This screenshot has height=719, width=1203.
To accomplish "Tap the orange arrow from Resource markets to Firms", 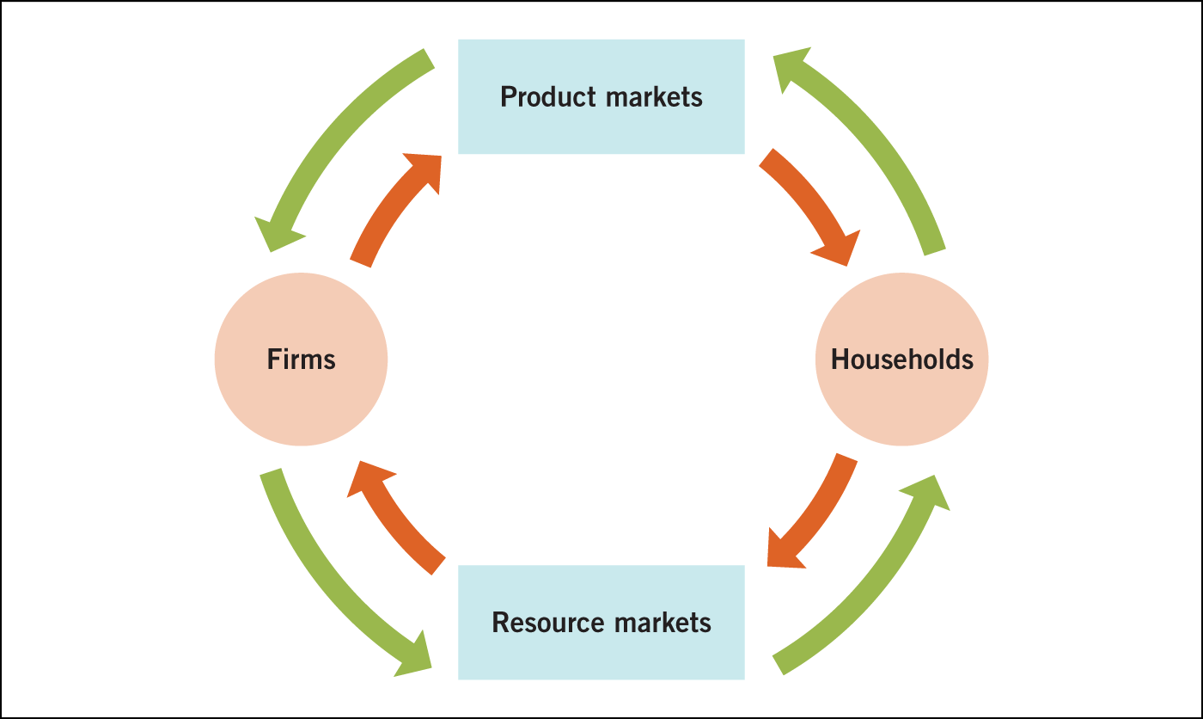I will [x=391, y=516].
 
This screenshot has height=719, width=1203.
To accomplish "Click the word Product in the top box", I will [x=548, y=96].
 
